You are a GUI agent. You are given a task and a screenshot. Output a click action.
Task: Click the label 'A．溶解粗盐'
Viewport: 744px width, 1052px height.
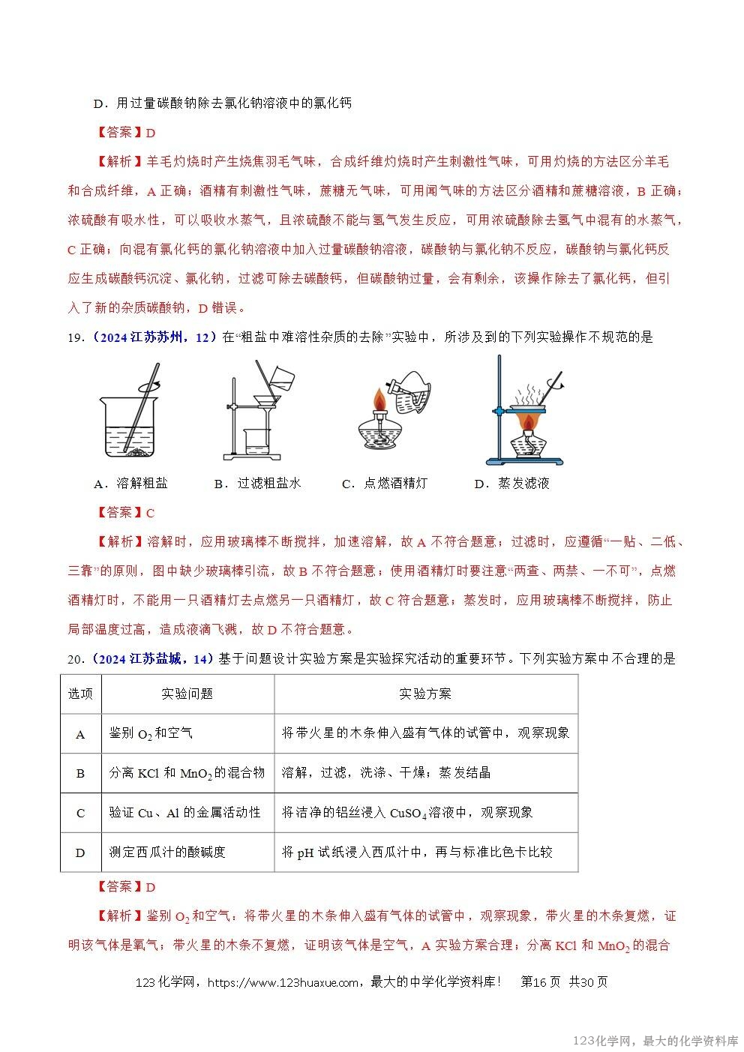tap(130, 484)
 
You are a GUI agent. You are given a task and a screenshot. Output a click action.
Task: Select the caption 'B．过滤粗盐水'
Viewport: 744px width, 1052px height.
tap(257, 484)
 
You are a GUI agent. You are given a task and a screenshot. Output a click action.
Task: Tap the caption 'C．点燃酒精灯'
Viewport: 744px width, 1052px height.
tap(384, 484)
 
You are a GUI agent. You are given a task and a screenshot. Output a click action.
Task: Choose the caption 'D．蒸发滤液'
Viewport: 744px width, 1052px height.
tap(511, 484)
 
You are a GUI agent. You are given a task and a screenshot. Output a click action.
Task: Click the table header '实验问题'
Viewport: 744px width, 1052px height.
tap(187, 694)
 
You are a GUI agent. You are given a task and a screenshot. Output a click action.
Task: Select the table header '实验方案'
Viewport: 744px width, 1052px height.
tap(425, 694)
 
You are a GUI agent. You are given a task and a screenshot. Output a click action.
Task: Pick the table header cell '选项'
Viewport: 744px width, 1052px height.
tap(81, 694)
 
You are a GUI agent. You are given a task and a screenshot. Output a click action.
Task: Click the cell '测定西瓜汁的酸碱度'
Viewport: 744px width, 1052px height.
tap(167, 852)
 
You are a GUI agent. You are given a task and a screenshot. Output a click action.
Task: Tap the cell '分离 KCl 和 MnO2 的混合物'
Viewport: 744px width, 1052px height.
tap(187, 773)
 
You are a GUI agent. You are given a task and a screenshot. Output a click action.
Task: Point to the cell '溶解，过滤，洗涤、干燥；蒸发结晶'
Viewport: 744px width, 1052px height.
tap(385, 773)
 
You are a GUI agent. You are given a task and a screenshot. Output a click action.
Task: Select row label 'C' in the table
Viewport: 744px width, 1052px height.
tap(81, 813)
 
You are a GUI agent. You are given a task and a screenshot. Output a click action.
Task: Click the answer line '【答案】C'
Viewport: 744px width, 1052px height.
tap(125, 513)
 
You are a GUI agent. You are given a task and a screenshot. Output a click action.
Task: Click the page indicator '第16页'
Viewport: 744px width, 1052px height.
tap(540, 982)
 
